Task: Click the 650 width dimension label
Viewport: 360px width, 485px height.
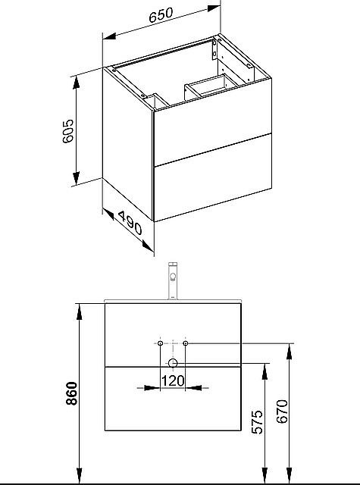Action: [x=161, y=15]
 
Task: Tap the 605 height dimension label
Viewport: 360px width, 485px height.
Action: [x=67, y=131]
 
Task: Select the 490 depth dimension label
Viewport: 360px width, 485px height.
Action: [x=130, y=223]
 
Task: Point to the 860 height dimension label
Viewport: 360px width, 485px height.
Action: [x=71, y=393]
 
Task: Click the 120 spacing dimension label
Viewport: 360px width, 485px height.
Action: [x=173, y=380]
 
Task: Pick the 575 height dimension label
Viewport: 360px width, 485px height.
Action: [x=257, y=422]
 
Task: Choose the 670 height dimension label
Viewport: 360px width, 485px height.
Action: [x=282, y=411]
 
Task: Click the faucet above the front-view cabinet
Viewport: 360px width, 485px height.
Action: [x=173, y=281]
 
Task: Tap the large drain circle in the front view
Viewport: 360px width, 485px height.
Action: [x=173, y=363]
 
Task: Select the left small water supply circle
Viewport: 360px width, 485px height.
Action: [x=160, y=343]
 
